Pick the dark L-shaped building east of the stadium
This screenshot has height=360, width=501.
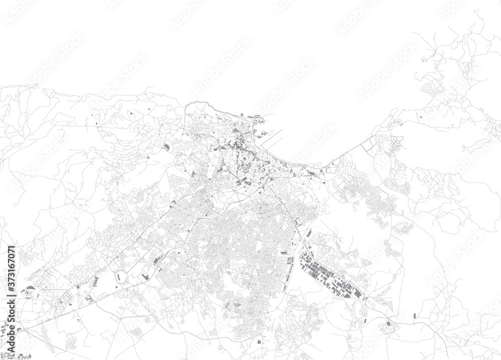145,276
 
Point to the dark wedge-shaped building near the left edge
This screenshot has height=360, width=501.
31,287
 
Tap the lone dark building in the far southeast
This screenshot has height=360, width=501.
415,316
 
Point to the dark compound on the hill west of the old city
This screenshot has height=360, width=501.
166,147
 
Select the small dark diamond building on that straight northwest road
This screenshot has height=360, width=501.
131,114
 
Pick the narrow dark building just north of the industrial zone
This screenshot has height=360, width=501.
310,233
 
